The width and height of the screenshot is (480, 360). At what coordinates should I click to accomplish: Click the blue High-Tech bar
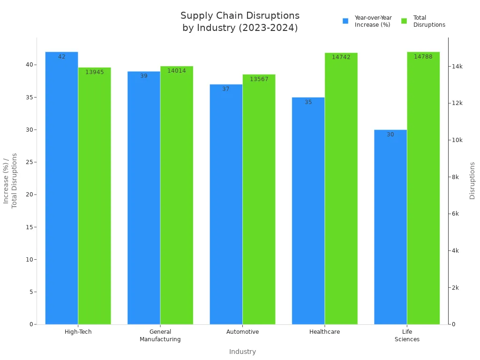pos(61,187)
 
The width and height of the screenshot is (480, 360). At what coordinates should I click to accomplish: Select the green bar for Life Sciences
pos(423,187)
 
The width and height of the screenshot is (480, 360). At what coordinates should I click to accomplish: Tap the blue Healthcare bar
pos(308,211)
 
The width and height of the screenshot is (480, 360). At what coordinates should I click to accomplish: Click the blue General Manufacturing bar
pos(143,197)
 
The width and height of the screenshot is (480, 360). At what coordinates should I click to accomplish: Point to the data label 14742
pos(341,57)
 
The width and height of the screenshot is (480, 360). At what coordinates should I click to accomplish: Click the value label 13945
pos(94,72)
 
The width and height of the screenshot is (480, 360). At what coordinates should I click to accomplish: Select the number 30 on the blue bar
pos(390,135)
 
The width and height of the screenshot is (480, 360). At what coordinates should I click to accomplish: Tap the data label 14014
pos(176,71)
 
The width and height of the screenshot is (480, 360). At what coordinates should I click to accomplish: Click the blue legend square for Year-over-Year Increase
pos(345,21)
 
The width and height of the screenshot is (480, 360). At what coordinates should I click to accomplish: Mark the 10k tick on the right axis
pos(457,140)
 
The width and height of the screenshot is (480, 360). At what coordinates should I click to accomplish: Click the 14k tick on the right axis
pos(457,67)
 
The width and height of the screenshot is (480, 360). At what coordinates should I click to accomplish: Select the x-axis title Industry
pos(242,352)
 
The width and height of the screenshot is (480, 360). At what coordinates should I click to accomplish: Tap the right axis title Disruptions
pos(472,180)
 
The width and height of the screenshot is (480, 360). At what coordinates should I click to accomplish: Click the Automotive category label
pos(242,332)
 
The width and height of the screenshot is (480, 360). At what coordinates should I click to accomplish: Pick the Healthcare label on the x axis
pos(324,332)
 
